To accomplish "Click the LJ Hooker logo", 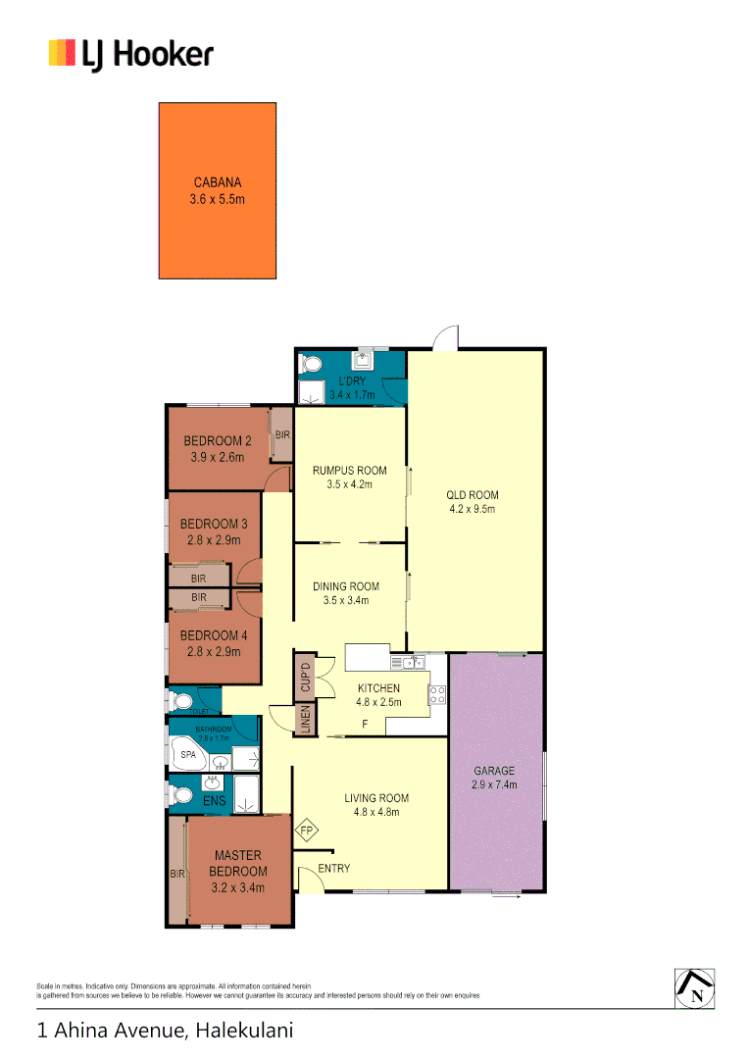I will tap(130, 54).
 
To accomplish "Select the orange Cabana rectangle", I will tap(218, 190).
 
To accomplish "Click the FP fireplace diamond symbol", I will tap(307, 832).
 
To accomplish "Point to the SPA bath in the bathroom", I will tap(188, 756).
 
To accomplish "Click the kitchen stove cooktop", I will tap(437, 695).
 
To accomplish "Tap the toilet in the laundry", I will tap(311, 365).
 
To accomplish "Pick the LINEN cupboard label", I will tap(305, 719).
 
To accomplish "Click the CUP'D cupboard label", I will tap(305, 677).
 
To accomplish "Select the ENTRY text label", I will tap(333, 869).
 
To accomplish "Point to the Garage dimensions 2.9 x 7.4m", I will tap(495, 784).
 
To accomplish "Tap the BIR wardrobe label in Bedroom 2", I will tap(282, 434).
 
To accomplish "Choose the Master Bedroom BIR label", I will tap(177, 873).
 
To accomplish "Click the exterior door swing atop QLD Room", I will tap(447, 338).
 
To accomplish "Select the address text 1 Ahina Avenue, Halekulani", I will tap(165, 1031).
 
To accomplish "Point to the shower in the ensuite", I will tap(247, 793).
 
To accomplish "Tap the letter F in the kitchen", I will tap(365, 725).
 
